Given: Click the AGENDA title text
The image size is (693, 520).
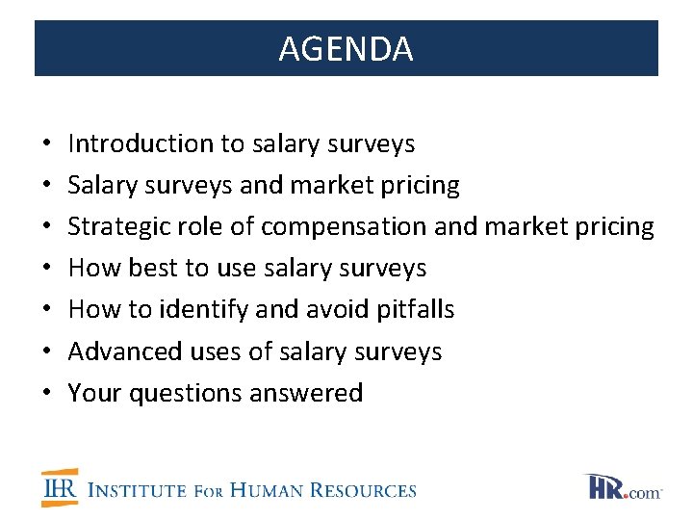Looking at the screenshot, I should [346, 49].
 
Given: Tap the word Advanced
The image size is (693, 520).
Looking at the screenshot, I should [119, 351].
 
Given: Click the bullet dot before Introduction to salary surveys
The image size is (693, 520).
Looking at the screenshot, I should [46, 144].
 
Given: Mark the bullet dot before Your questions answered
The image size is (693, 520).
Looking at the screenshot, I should [46, 394].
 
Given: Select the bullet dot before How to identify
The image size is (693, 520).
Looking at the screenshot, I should [46, 310].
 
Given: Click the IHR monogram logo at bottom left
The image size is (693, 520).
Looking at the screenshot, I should [60, 488].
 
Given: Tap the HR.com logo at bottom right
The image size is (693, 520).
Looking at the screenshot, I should [623, 487].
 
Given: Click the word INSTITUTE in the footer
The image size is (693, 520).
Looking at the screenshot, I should [137, 490].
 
